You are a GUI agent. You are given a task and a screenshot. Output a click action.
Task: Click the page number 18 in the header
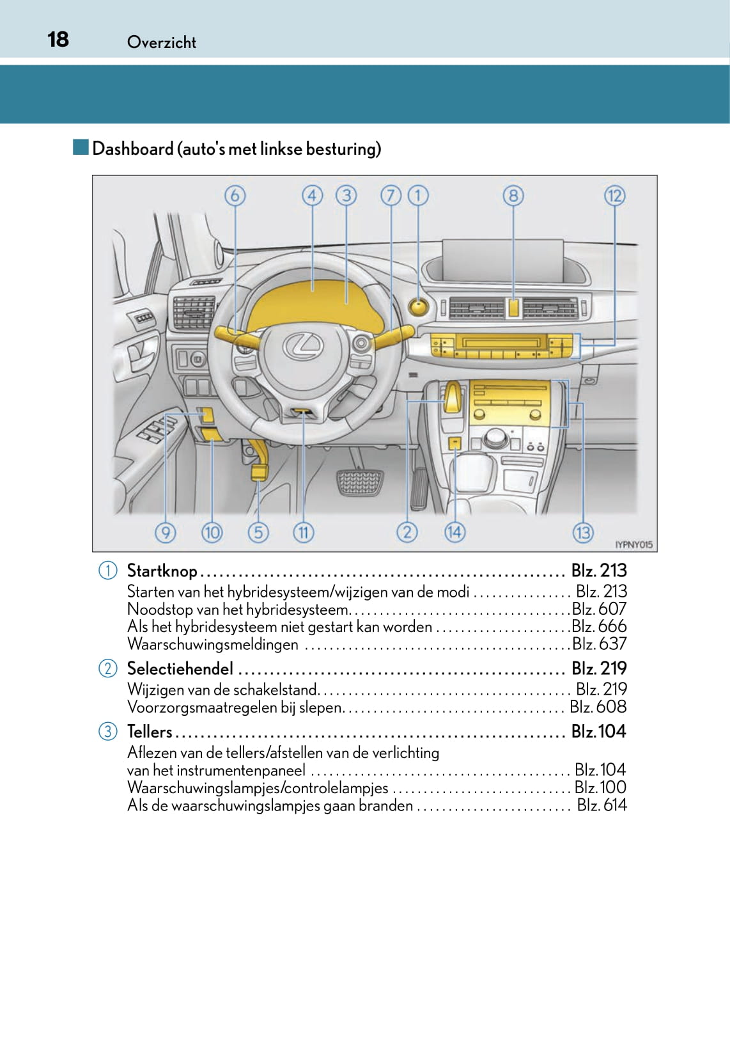pos(58,39)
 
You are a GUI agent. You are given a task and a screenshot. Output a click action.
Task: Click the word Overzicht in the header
pos(162,42)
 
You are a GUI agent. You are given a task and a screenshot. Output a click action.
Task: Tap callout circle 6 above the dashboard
pos(235,195)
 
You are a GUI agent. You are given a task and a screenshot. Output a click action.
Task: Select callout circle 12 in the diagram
pos(614,195)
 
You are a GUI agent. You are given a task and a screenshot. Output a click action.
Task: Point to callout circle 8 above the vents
pos(513,195)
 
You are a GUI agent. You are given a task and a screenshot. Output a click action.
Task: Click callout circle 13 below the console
pos(583,532)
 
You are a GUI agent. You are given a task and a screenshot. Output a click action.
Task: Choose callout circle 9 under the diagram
pos(165,532)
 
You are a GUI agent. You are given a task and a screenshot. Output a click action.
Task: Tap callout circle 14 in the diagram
pos(454,532)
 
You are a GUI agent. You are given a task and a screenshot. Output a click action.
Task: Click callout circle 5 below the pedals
pos(258,532)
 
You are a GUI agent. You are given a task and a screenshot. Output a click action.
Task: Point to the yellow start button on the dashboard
pos(418,307)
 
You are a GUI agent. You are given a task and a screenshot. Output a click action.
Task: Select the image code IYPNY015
pos(633,545)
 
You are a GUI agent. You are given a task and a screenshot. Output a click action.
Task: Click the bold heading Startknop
pos(162,571)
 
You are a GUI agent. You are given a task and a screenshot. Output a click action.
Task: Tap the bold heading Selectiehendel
pos(180,668)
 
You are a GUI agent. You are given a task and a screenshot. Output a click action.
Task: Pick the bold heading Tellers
pos(150,731)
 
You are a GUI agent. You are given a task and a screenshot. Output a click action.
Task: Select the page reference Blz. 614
pos(602,805)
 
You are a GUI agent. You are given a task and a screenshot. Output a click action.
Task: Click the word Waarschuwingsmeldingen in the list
pos(212,644)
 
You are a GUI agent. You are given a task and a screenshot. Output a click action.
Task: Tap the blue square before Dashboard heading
pos(81,148)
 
